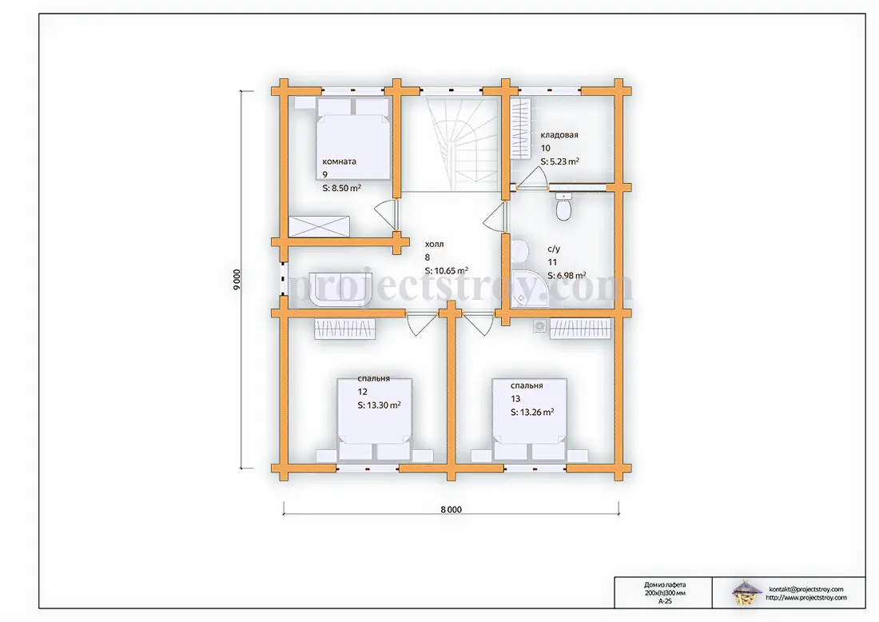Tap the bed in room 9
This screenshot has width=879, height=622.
[353, 138]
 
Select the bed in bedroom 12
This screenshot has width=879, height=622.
[375, 419]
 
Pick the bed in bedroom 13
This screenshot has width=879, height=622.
[530, 420]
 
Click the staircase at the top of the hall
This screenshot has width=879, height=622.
[462, 144]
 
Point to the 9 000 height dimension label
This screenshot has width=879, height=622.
[237, 280]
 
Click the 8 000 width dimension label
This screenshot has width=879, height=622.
[451, 510]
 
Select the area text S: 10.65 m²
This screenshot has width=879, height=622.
[446, 271]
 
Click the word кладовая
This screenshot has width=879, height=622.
[559, 134]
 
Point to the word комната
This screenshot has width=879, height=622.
[339, 161]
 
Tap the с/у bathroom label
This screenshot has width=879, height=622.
[553, 249]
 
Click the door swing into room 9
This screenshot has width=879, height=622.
[386, 215]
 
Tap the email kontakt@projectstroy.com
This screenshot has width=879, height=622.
[806, 589]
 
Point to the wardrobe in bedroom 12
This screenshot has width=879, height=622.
[344, 329]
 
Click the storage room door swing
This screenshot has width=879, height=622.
[531, 177]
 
